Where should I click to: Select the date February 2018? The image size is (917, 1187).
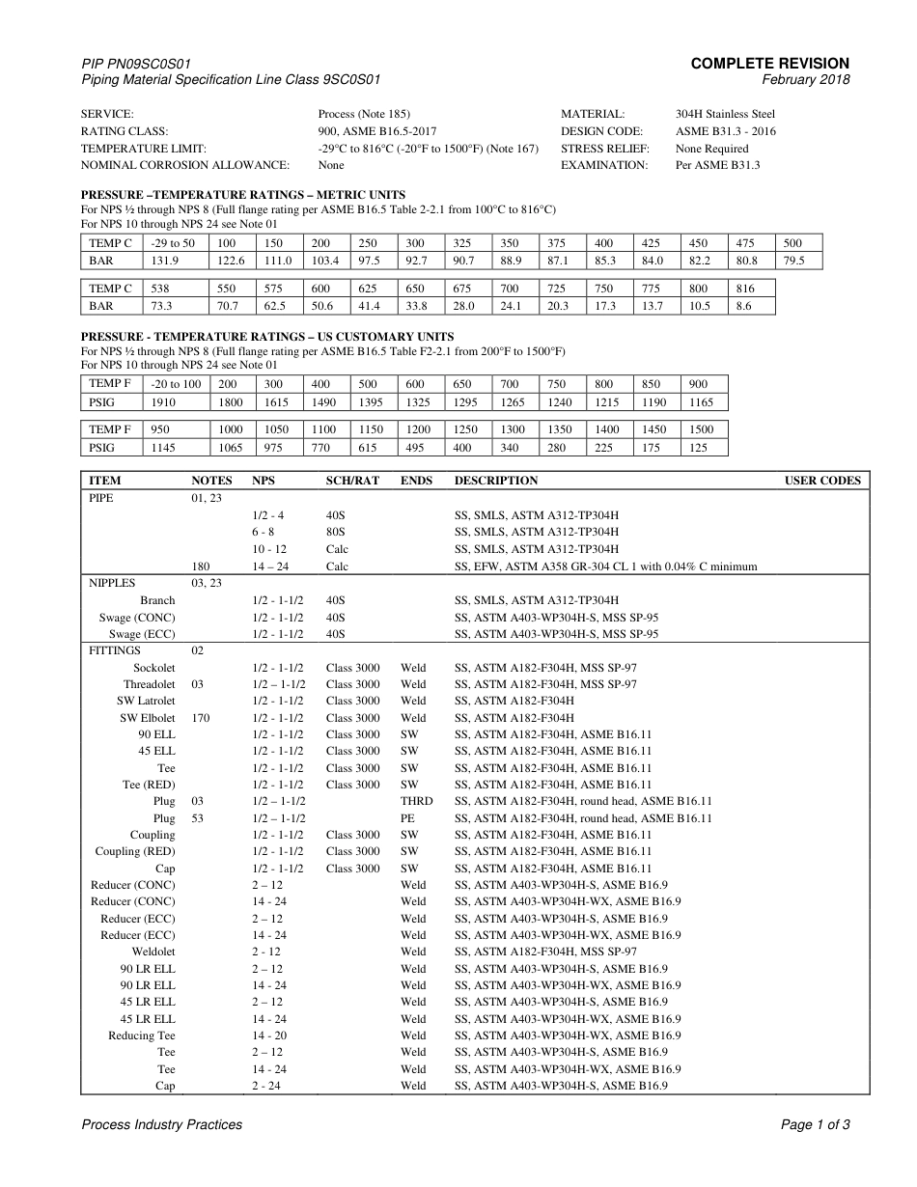806,80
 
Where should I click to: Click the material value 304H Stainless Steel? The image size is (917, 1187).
725,115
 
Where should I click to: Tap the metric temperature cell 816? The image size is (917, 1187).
745,289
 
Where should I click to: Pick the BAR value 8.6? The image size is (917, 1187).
743,306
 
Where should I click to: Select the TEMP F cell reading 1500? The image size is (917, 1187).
702,429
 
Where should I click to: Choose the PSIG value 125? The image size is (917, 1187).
699,447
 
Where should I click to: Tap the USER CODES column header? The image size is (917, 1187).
822,481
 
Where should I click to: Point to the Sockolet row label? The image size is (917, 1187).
154,668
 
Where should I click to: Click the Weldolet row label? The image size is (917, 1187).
153,952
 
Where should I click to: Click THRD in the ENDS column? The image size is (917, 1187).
416,801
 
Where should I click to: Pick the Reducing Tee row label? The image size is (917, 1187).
142,1035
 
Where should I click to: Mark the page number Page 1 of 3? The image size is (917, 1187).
815,1124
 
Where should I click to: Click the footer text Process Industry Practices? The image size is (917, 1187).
162,1124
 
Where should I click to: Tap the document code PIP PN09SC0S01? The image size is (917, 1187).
143,64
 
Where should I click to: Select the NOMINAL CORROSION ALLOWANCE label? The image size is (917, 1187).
185,165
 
